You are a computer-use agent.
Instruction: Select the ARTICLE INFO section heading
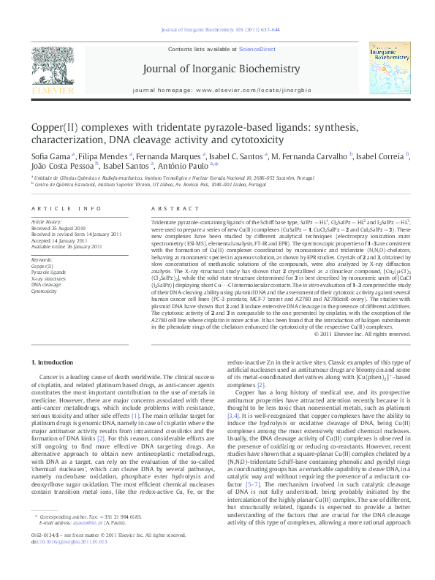(x=61, y=208)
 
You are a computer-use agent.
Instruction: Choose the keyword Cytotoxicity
(x=44, y=290)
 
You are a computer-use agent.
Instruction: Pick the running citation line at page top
(x=217, y=31)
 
